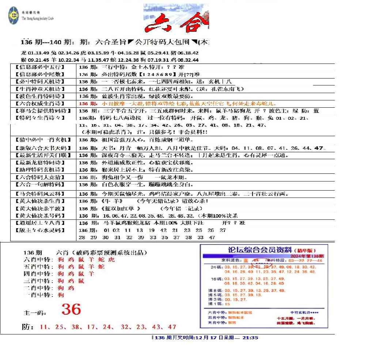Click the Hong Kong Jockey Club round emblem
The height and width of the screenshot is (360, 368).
tap(14, 15)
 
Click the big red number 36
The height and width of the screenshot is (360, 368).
tap(71, 309)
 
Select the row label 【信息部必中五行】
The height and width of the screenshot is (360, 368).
tap(38, 67)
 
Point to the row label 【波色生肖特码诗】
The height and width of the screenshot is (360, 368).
tap(38, 96)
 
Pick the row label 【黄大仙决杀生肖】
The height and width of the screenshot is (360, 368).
tap(38, 201)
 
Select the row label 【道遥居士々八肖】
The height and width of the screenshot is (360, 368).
tap(38, 223)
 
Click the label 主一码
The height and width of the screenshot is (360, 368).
tap(34, 313)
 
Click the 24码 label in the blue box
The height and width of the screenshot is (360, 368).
tap(214, 267)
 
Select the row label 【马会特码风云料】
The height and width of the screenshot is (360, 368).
tap(38, 194)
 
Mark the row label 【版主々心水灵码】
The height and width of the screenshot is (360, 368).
tap(38, 230)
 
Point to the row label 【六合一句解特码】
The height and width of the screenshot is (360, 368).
tap(38, 184)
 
